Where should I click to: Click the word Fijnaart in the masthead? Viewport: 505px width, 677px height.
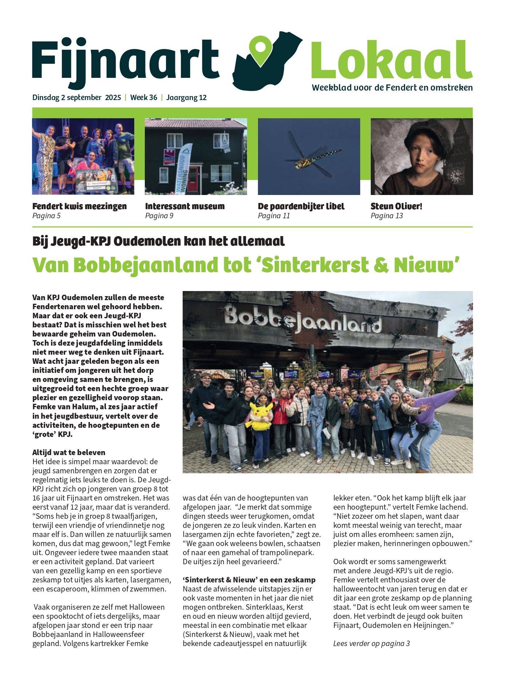click(x=126, y=60)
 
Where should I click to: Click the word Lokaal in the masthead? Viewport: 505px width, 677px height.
click(x=391, y=60)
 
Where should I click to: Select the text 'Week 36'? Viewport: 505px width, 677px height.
click(x=144, y=97)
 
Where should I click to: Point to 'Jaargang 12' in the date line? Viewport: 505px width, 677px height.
click(x=186, y=97)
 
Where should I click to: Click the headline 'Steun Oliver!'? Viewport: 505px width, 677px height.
click(x=396, y=206)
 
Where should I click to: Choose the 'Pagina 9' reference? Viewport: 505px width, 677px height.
click(x=159, y=216)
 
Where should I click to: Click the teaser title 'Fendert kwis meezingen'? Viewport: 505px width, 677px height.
click(x=79, y=206)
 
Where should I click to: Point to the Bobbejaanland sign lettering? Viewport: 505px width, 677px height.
click(x=302, y=320)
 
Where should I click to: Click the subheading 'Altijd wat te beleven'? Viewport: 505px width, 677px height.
click(x=69, y=453)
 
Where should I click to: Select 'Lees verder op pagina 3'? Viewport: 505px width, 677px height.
click(x=371, y=644)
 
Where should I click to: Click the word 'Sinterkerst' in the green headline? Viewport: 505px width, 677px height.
click(x=315, y=265)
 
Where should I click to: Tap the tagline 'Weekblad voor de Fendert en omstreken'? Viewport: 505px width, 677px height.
click(x=392, y=88)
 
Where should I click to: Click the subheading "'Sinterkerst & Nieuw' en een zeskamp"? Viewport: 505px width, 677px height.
click(x=249, y=580)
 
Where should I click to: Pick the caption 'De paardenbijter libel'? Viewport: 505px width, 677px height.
click(x=301, y=206)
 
